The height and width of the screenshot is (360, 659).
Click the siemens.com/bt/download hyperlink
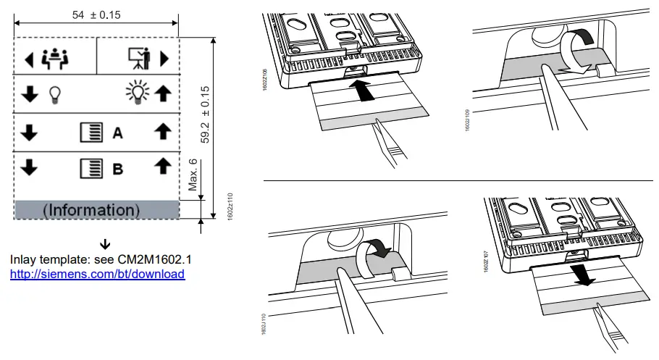[x=97, y=275]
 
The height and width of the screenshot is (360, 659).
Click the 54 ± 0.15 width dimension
[x=96, y=14]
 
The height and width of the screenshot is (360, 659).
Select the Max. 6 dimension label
[x=193, y=175]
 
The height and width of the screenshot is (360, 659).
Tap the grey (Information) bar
[x=96, y=210]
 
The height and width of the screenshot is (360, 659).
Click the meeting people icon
[x=54, y=58]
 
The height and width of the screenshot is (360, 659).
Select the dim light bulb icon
[x=53, y=95]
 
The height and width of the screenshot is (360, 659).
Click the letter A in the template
[x=117, y=133]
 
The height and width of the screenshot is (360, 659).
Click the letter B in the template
[x=117, y=169]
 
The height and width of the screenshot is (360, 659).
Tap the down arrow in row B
[x=29, y=168]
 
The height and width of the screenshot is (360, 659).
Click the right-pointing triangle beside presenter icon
[x=164, y=58]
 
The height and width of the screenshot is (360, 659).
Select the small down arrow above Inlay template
[x=105, y=243]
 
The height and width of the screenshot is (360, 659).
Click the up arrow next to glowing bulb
[x=163, y=94]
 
